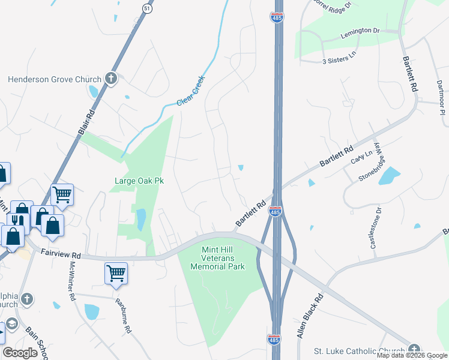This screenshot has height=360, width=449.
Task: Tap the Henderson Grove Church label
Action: point(55,79)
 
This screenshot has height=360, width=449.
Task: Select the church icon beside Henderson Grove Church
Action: point(110,79)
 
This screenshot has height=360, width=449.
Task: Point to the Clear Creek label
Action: point(191,91)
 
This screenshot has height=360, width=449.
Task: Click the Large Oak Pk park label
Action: point(139,180)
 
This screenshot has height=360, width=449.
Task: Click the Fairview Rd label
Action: point(60,254)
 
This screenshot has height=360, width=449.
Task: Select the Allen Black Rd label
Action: point(309,316)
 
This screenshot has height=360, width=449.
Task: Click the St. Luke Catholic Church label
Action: point(360,350)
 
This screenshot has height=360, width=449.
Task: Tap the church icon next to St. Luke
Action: point(414,349)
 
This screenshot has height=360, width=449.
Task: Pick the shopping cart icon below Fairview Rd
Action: point(115,274)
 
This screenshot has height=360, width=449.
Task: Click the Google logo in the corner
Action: point(20,353)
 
